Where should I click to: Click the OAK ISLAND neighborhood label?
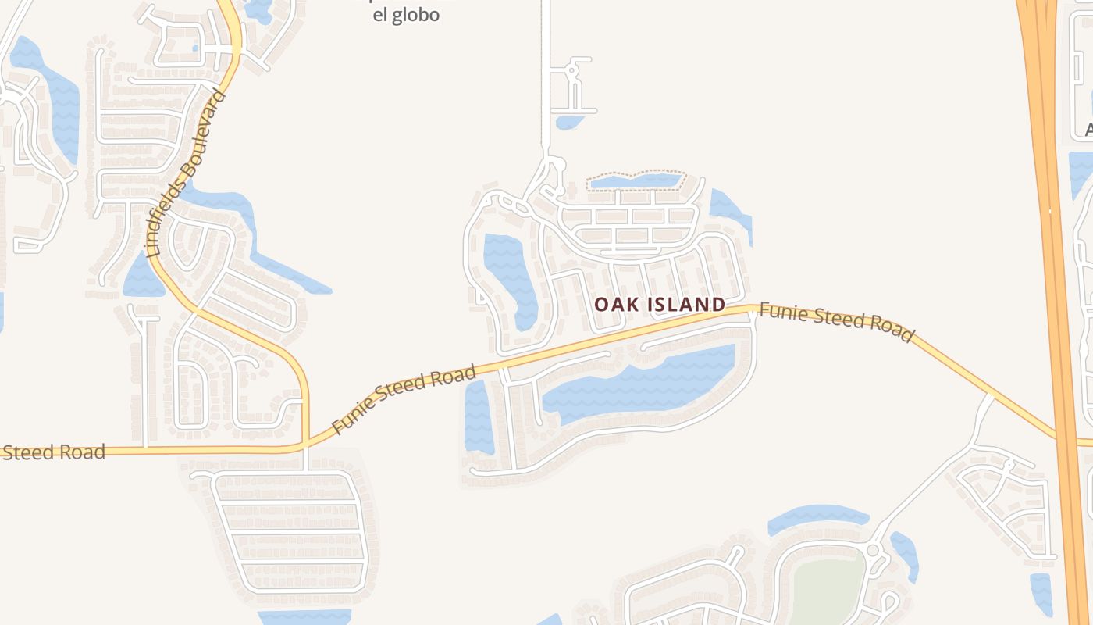click(x=660, y=305)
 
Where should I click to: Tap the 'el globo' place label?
click(x=406, y=15)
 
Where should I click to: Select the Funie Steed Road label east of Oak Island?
click(x=835, y=322)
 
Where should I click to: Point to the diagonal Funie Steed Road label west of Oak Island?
click(x=404, y=399)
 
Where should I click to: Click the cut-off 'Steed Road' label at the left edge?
click(x=53, y=452)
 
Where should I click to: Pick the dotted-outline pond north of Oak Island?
click(x=636, y=181)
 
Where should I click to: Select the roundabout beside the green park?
click(x=873, y=551)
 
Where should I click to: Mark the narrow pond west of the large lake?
click(x=478, y=418)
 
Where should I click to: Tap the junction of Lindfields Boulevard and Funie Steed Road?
click(x=305, y=443)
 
